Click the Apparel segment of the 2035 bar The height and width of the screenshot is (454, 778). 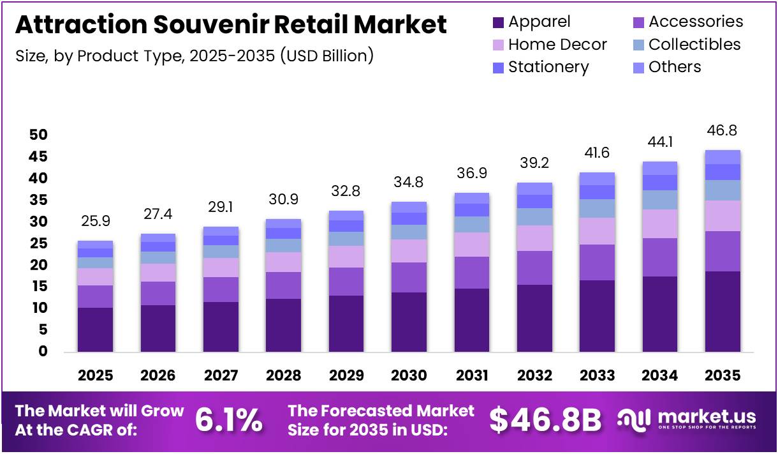[x=723, y=312]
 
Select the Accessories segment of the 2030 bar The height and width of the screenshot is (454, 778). [x=409, y=277]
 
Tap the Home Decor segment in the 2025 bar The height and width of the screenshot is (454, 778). [x=95, y=276]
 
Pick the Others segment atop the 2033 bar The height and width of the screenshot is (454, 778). [x=597, y=179]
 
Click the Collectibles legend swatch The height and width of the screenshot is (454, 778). [x=638, y=45]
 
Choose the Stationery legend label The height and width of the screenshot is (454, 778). [x=548, y=67]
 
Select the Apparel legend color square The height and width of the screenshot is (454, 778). [x=498, y=22]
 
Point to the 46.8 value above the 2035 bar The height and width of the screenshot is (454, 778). [x=723, y=131]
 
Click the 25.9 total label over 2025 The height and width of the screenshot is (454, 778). [x=95, y=222]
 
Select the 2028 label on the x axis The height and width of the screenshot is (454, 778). [x=283, y=375]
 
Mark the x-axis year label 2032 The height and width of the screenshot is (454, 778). [x=534, y=375]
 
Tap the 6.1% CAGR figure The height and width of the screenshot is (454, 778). [x=228, y=420]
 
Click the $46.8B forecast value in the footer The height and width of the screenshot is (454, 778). [x=545, y=420]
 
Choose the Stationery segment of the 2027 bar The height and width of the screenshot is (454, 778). [x=221, y=241]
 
